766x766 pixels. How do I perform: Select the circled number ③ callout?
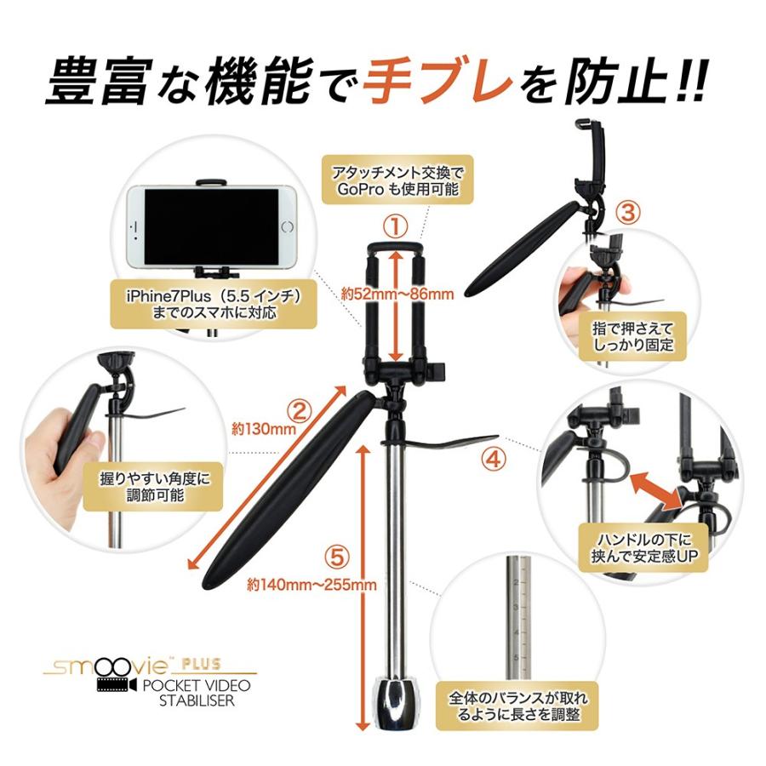626,213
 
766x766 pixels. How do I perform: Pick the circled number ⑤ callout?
338,557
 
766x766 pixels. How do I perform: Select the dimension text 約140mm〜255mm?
312,585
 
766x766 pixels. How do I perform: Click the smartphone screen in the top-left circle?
212,226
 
